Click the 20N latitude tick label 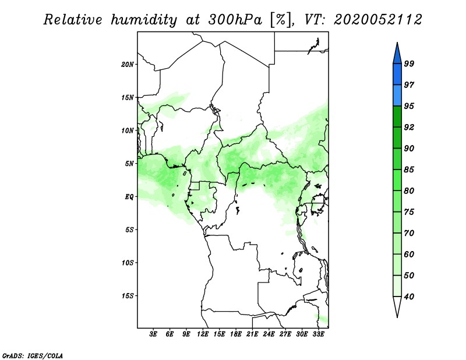(x=128, y=64)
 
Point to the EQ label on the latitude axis (x=129, y=197)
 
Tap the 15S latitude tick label (x=128, y=296)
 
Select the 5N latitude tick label (x=129, y=164)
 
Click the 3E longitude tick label (x=153, y=334)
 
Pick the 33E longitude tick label (x=318, y=334)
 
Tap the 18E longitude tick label (x=236, y=334)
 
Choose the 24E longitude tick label (x=269, y=334)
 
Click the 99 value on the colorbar (x=409, y=63)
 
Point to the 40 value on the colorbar (x=409, y=297)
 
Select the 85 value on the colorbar (x=409, y=170)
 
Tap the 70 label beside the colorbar (x=409, y=233)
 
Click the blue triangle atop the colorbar (x=397, y=54)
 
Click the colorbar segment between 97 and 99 (x=397, y=75)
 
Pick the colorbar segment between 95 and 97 (x=397, y=96)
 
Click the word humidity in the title (x=144, y=20)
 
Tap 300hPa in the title (x=235, y=20)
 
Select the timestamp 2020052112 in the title (x=377, y=20)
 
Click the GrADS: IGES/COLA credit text (x=33, y=355)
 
